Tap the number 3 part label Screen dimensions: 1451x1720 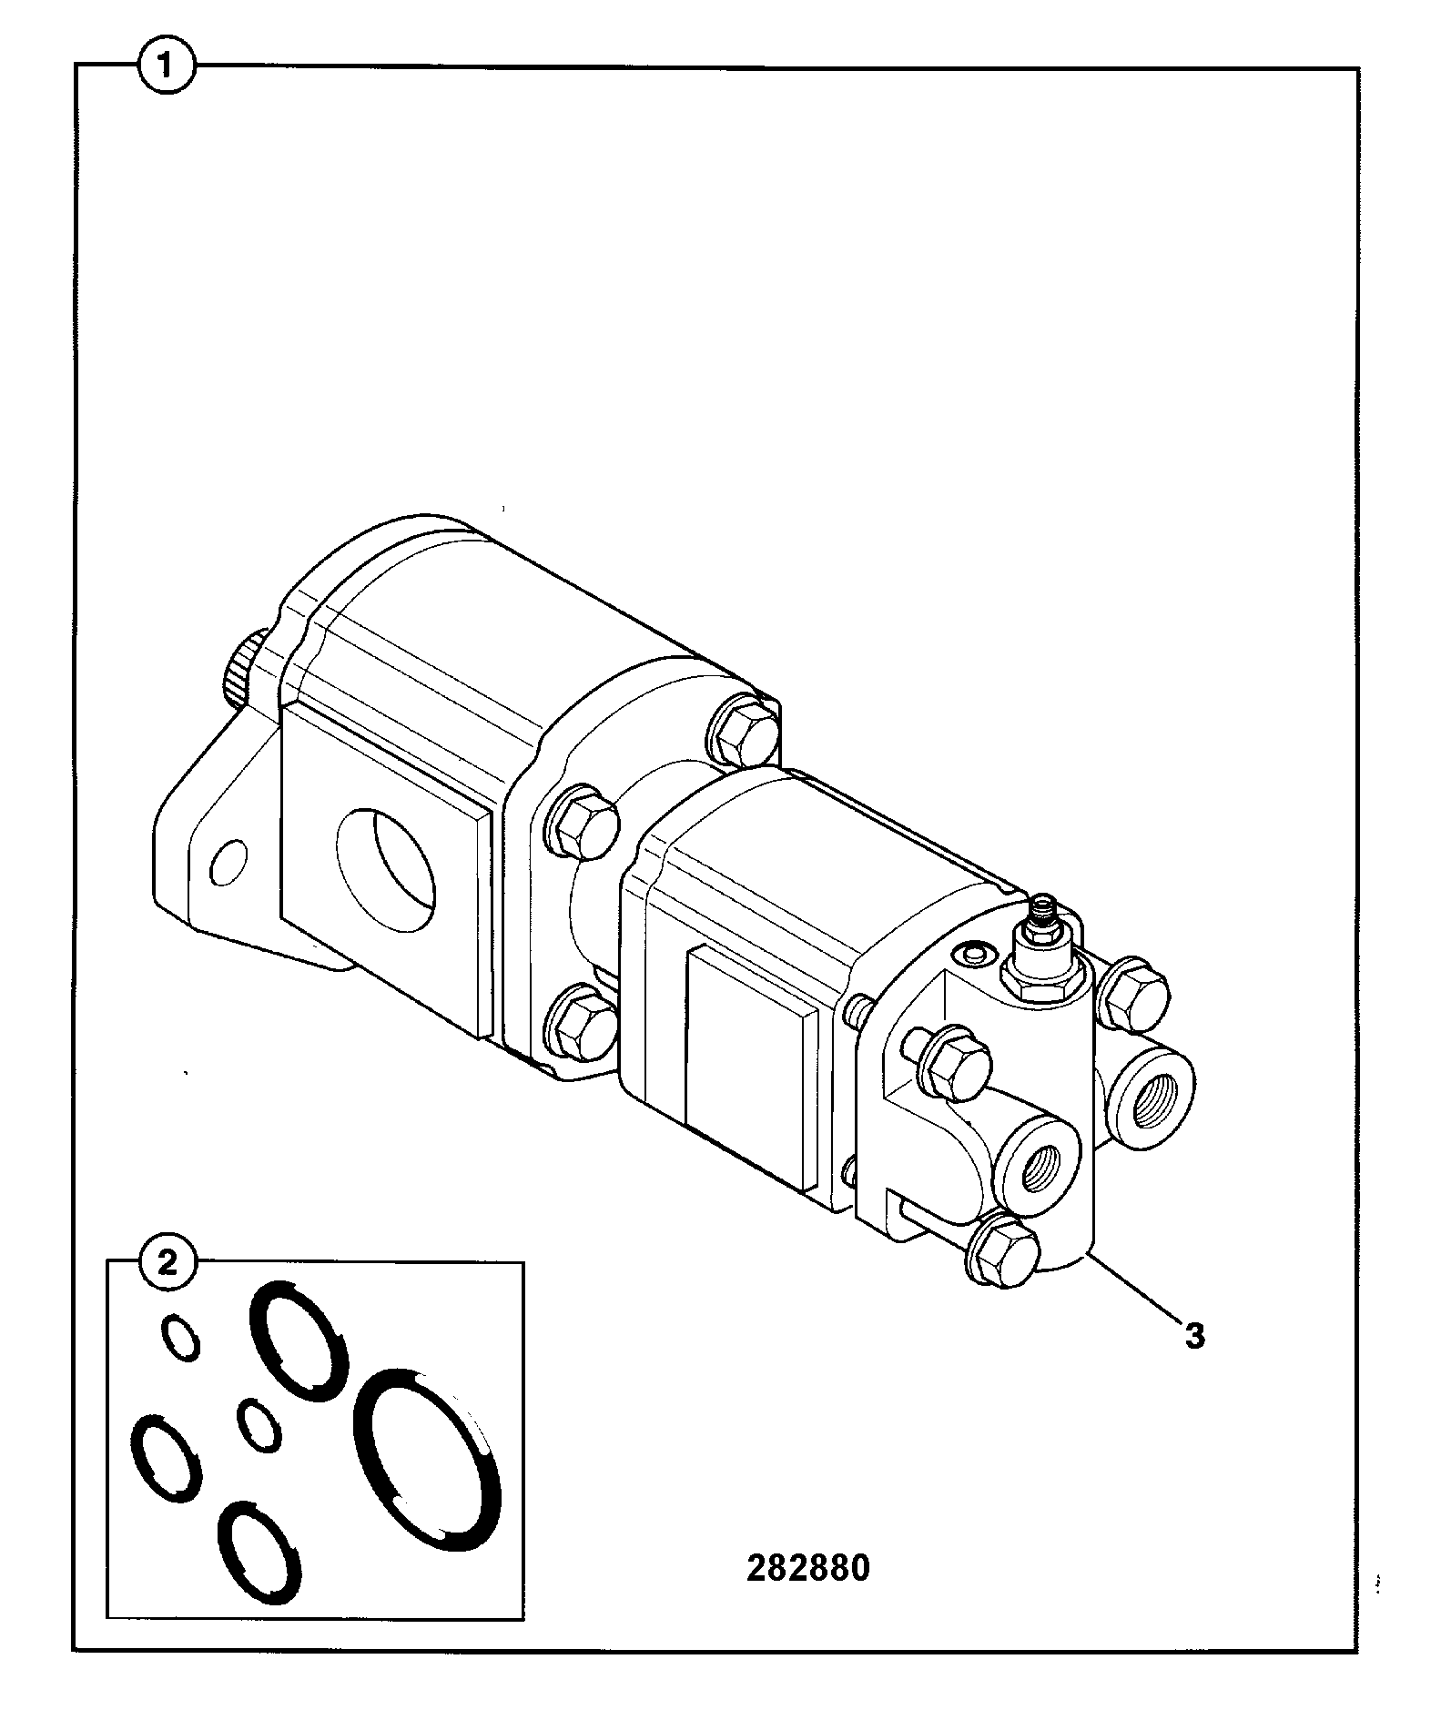1194,1337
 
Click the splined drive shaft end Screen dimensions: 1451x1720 242,670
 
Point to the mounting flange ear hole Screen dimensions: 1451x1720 228,861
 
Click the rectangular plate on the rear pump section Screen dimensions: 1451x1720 750,1068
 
